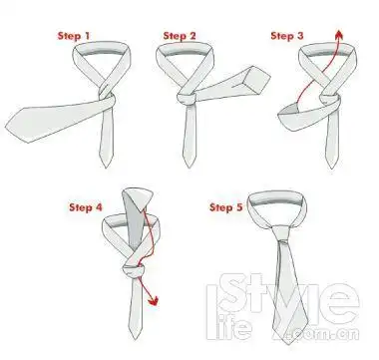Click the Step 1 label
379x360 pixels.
[x=74, y=36]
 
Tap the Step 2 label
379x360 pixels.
[x=180, y=36]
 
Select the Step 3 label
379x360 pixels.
[x=287, y=36]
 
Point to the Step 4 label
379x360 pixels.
[x=86, y=207]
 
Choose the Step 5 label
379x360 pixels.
[x=226, y=207]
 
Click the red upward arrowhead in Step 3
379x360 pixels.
[x=339, y=34]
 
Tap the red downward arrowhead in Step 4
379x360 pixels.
[x=154, y=301]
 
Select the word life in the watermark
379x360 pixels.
[x=229, y=329]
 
